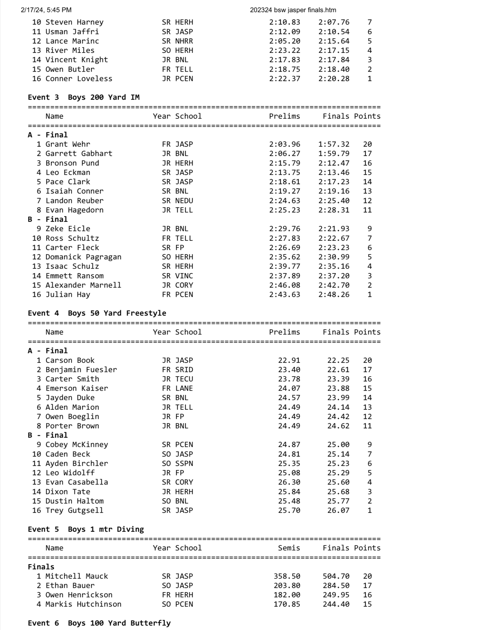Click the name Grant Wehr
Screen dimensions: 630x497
pos(68,144)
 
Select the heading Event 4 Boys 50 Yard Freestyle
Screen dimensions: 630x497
pos(97,313)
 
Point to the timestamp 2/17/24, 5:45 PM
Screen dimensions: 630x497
pos(46,10)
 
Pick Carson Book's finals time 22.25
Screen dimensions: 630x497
pos(338,360)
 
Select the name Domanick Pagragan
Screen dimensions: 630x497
pos(83,257)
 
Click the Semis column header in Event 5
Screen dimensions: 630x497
pos(289,548)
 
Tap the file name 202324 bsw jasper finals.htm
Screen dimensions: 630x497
pos(293,10)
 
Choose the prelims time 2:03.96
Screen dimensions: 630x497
pos(284,144)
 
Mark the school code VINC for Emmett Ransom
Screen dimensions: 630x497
pos(184,276)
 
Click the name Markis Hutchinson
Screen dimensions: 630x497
pos(83,604)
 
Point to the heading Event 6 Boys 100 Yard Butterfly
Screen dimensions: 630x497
pos(99,623)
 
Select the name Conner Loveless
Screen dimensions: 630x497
pos(79,79)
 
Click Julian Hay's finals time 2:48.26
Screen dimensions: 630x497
pos(334,294)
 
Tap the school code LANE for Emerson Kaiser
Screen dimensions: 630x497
pos(184,388)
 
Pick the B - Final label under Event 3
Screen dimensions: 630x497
pos(48,219)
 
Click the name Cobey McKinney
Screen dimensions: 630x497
pos(77,445)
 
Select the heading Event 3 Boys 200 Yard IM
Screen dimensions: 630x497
pos(84,97)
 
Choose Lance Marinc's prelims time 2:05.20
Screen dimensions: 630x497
pos(284,41)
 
